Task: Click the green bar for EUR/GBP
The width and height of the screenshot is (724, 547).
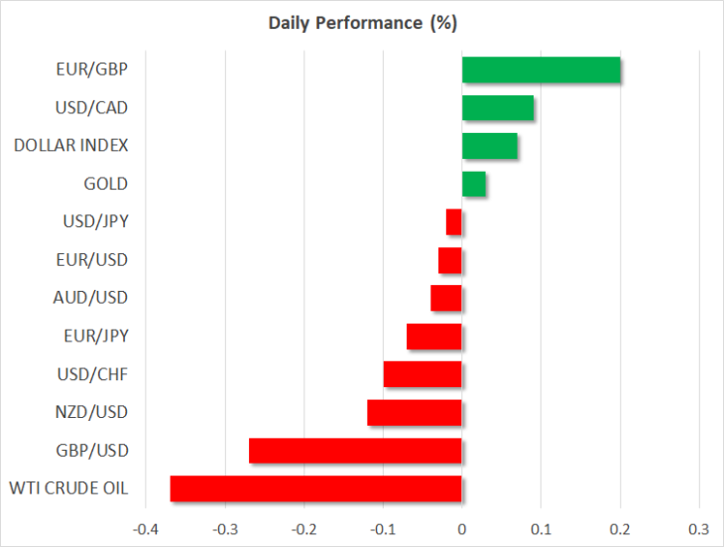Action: [542, 69]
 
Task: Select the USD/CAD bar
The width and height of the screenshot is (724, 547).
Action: [498, 107]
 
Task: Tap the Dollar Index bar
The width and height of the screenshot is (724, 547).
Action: [489, 146]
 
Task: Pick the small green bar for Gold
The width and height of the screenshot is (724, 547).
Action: [474, 184]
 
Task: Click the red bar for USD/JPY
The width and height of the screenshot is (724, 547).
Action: [454, 222]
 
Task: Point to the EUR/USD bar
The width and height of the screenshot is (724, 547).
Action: [450, 260]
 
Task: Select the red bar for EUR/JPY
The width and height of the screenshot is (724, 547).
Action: [434, 337]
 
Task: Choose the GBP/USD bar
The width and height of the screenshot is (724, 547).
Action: [355, 451]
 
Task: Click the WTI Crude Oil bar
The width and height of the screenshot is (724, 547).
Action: [315, 488]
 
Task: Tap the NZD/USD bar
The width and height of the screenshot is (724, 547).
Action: [415, 413]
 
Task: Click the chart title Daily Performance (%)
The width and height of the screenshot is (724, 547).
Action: [363, 23]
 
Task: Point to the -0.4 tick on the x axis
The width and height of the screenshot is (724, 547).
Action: [146, 529]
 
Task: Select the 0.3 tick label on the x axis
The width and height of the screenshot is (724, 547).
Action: [698, 529]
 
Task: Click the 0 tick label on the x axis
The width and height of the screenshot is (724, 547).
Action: [462, 529]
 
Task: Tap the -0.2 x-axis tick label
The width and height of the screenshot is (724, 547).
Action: [303, 529]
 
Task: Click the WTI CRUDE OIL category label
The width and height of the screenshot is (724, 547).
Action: [68, 488]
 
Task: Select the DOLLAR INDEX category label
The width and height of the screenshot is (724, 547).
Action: [71, 146]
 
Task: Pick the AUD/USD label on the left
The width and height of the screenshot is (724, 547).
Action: [90, 298]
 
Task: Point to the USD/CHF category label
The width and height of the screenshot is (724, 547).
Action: [92, 374]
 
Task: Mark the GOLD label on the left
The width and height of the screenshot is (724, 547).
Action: [106, 184]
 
